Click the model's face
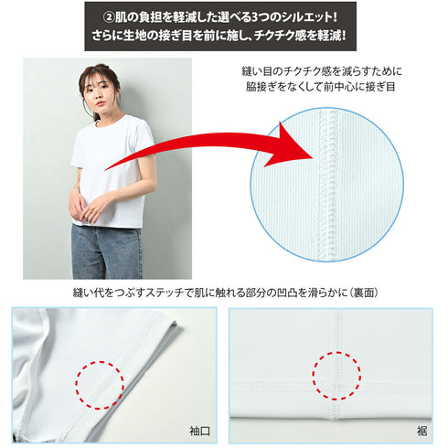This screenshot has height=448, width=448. click(x=98, y=90)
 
